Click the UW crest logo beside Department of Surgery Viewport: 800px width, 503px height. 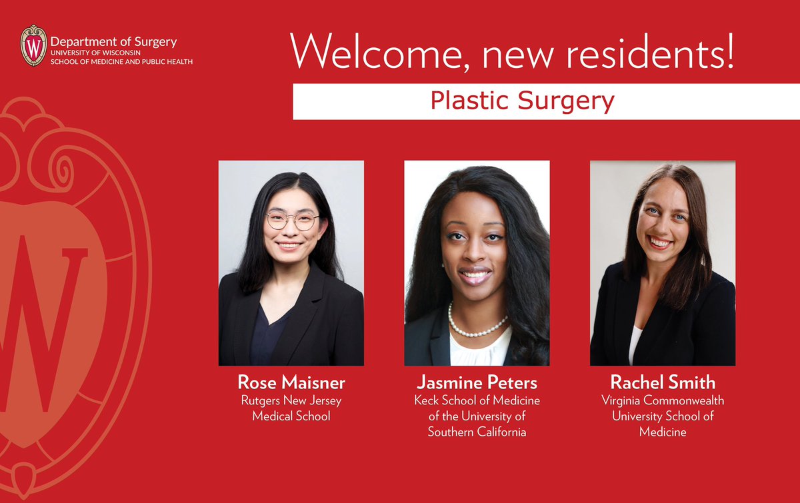pos(33,45)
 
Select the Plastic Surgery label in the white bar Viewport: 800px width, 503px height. pos(522,101)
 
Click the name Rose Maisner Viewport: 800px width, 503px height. pos(291,383)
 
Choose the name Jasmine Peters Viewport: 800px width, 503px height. pos(477,383)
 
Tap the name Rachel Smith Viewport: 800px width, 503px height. pos(663,383)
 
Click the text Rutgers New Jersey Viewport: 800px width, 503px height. pos(291,400)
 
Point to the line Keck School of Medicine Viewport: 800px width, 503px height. pos(477,400)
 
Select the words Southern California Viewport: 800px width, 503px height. pos(477,432)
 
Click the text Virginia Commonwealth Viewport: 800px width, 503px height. pos(663,400)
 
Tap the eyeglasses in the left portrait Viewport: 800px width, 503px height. pos(292,221)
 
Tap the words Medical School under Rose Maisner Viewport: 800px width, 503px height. pos(291,416)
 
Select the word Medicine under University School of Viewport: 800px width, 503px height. pos(663,432)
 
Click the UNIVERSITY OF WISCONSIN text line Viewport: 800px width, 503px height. pos(97,53)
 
